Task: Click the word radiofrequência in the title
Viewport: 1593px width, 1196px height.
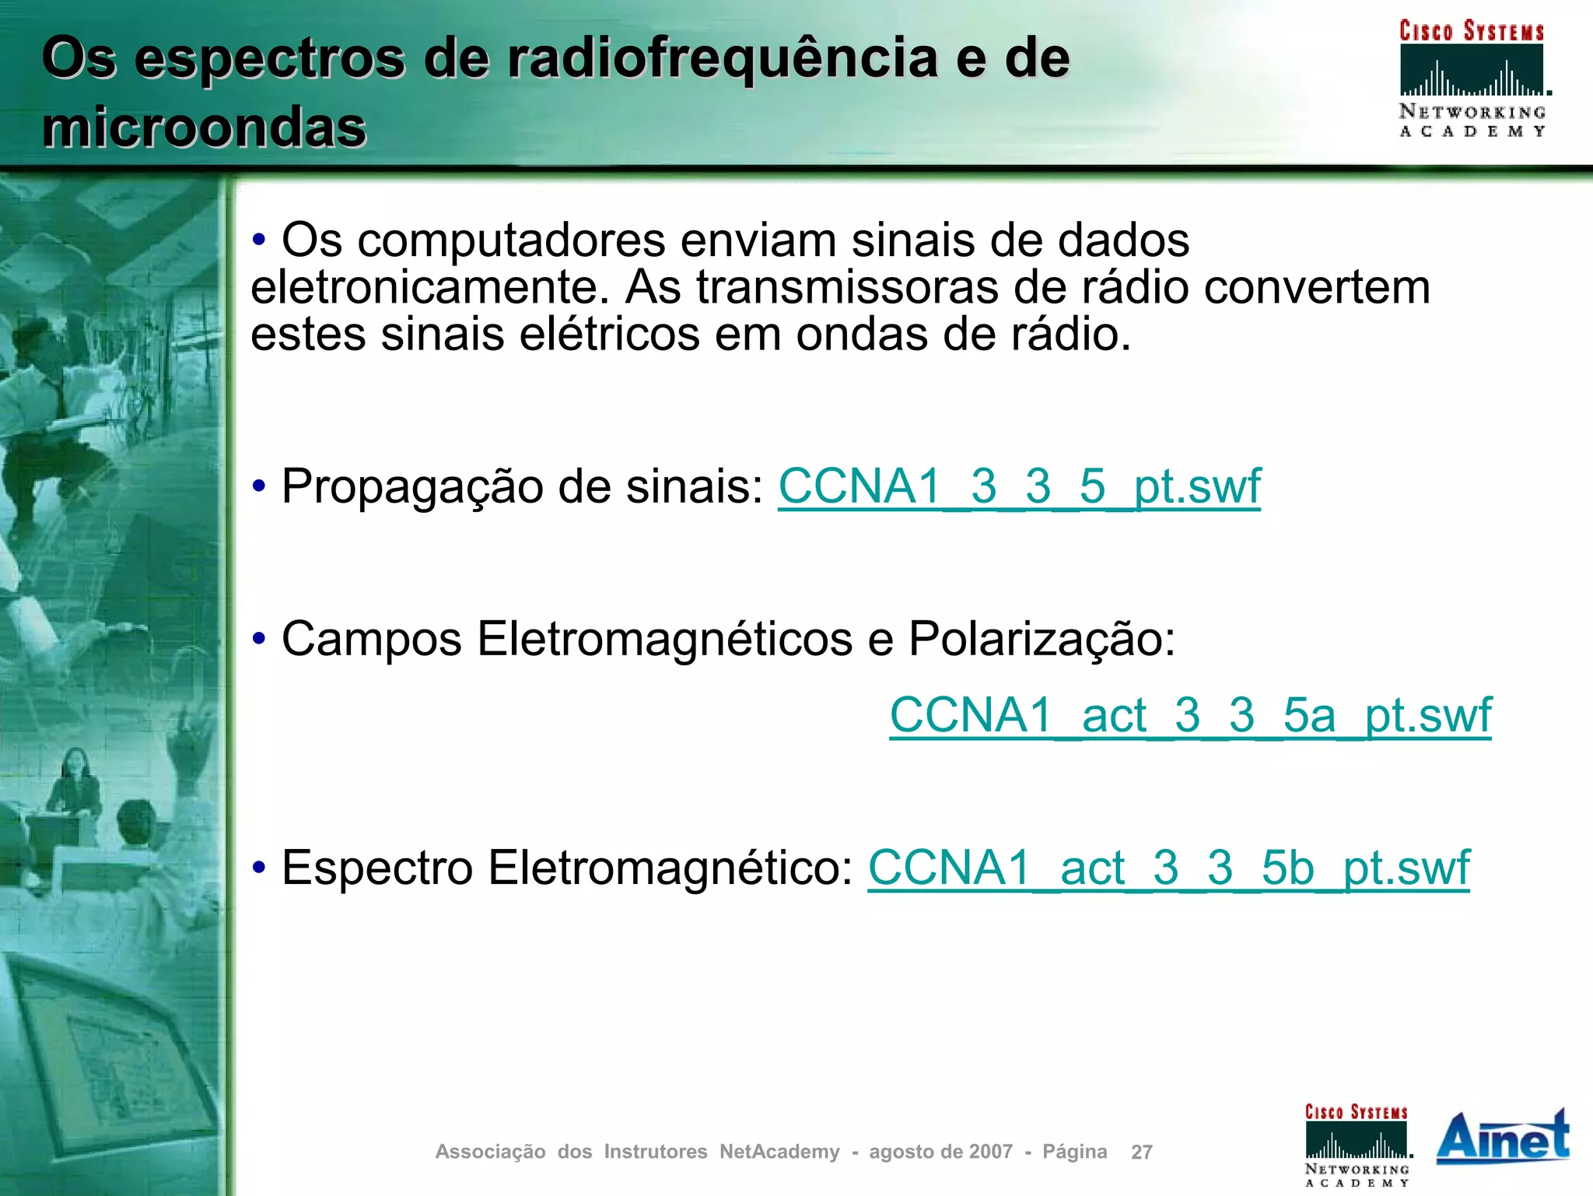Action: click(723, 58)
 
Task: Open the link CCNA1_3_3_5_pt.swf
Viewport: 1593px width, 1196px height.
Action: click(1019, 486)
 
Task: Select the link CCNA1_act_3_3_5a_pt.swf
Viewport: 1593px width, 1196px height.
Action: click(1190, 715)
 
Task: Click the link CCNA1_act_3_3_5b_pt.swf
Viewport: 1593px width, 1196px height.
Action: click(1168, 868)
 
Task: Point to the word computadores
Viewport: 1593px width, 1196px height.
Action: click(512, 240)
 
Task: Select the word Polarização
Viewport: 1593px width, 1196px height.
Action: click(1042, 640)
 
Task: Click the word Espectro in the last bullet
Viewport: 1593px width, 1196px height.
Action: click(377, 868)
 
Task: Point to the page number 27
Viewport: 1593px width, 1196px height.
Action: click(1141, 1152)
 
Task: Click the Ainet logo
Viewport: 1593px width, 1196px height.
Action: click(1502, 1138)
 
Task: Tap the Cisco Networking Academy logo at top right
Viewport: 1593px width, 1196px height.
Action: click(1472, 78)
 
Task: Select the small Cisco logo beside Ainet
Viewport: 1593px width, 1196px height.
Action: click(1357, 1145)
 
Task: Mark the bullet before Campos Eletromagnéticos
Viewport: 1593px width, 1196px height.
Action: click(259, 640)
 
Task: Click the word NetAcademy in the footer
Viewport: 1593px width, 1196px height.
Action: click(779, 1152)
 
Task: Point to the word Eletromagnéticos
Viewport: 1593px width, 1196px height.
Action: click(665, 640)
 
